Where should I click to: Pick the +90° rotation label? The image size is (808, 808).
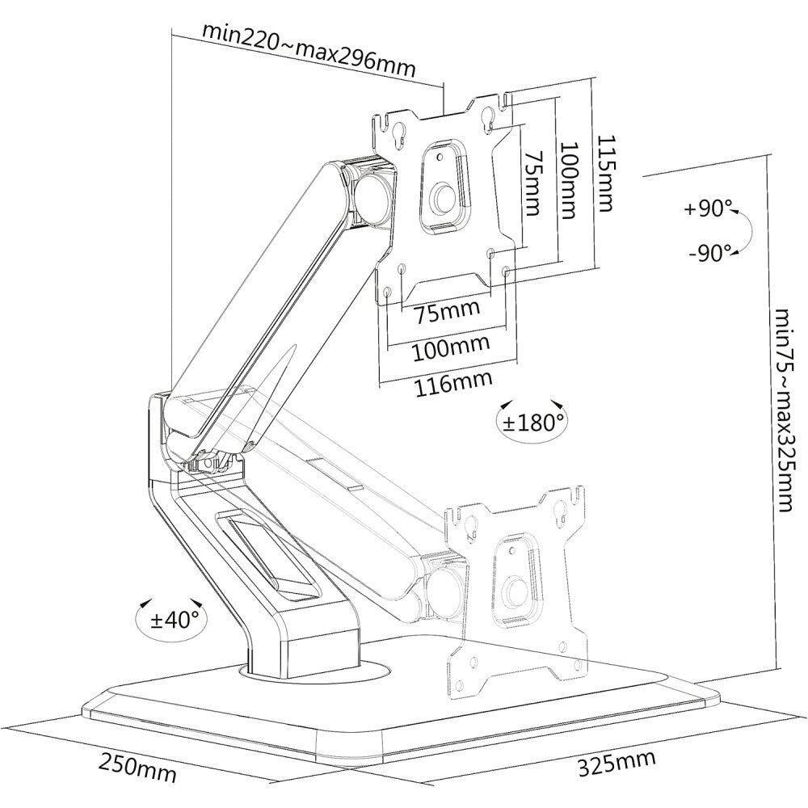pyautogui.click(x=707, y=208)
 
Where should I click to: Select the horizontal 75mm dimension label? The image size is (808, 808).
pyautogui.click(x=447, y=309)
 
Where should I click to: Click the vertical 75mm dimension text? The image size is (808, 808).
pyautogui.click(x=531, y=184)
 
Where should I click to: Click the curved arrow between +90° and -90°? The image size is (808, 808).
pyautogui.click(x=747, y=231)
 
